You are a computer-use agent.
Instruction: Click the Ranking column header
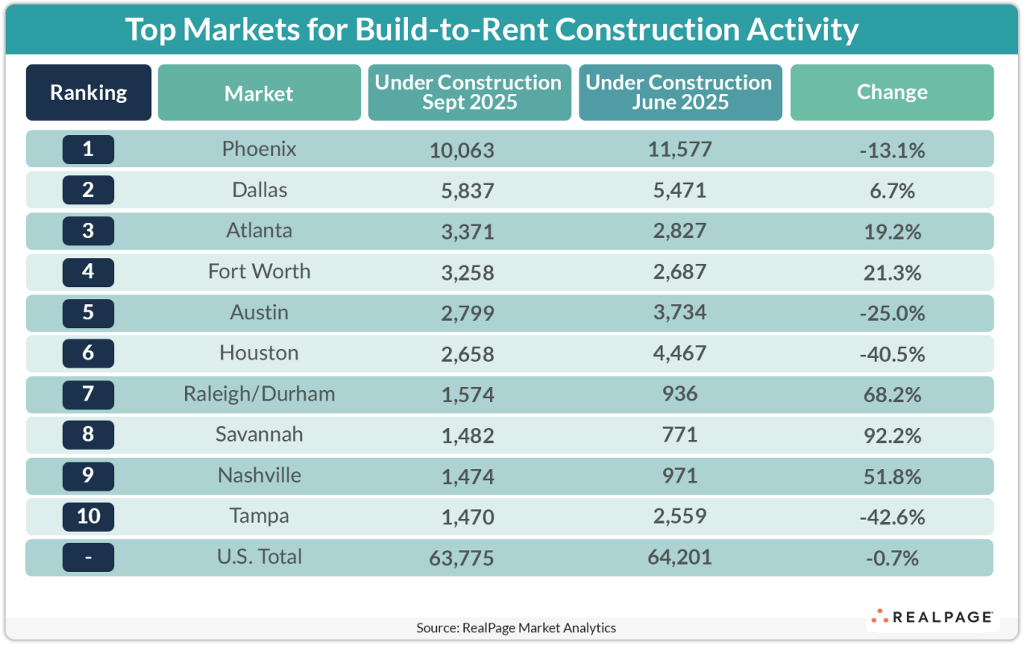coord(89,93)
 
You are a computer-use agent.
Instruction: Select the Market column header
coord(259,93)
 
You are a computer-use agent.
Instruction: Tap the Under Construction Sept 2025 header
coord(469,93)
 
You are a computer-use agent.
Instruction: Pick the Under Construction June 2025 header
coord(680,93)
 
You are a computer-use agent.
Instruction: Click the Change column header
coord(892,93)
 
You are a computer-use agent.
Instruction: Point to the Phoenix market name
coord(259,149)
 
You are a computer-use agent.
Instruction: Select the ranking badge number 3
coord(89,231)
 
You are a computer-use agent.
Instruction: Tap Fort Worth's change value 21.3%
coord(892,273)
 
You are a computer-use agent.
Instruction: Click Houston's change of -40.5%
coord(892,354)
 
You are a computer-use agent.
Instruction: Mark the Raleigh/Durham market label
coord(259,394)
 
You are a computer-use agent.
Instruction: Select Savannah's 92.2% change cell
coord(892,435)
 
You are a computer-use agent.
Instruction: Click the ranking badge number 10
coord(89,516)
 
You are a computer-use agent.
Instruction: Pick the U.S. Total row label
coord(259,557)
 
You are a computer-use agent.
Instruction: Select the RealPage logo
coord(932,617)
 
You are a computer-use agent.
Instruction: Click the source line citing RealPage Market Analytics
coord(516,627)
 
